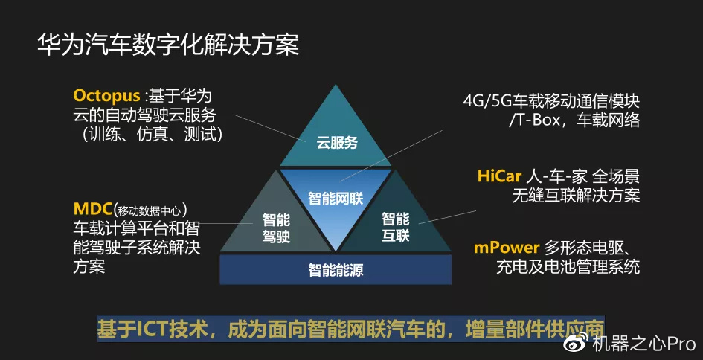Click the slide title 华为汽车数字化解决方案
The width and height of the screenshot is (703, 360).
[x=168, y=43]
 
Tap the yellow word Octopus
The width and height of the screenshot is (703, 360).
[x=106, y=96]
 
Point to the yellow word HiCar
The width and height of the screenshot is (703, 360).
[x=498, y=176]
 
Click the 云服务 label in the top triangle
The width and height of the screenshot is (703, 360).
[x=336, y=142]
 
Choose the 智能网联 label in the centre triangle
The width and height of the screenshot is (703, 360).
[x=336, y=199]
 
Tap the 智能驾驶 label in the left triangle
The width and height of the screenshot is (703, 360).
[x=276, y=228]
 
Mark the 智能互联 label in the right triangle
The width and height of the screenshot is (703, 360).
[x=396, y=228]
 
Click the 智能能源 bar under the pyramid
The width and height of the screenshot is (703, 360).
[x=336, y=270]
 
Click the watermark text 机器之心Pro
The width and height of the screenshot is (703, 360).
[x=643, y=343]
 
